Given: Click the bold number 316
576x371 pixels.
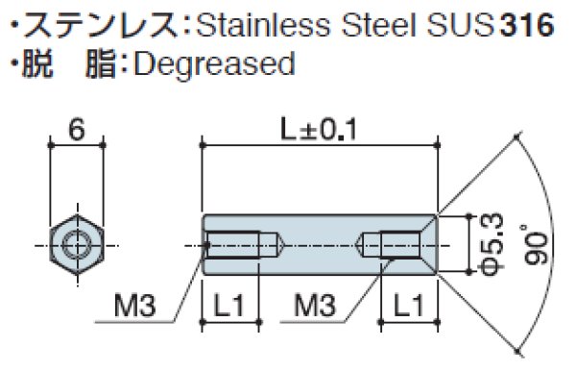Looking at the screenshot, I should (526, 24).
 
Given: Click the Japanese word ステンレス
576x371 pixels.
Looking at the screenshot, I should (78, 24).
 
